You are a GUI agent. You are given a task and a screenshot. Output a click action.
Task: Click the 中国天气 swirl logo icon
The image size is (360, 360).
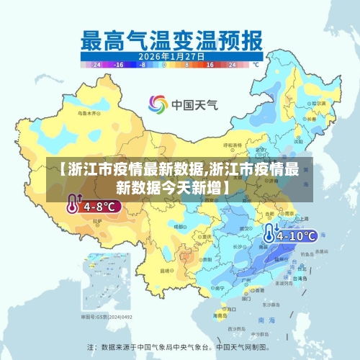pyautogui.click(x=158, y=104)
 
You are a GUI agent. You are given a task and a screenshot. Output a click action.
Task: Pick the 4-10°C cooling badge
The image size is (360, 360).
pyautogui.click(x=297, y=235)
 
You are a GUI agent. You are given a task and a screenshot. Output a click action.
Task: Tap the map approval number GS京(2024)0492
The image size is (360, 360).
pyautogui.click(x=107, y=317)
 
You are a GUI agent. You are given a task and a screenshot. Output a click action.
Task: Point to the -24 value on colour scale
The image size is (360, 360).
pyautogui.click(x=94, y=64)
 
